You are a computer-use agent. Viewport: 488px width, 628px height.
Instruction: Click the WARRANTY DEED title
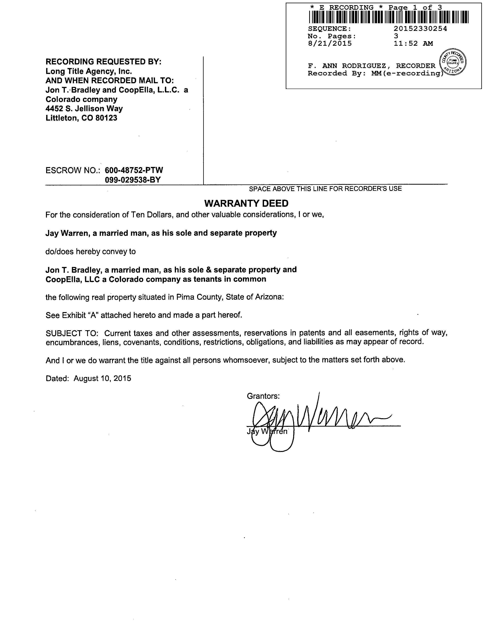click(246, 203)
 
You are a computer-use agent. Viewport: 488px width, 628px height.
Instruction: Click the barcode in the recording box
click(388, 17)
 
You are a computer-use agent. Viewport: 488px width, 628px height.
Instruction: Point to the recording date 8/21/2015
click(330, 43)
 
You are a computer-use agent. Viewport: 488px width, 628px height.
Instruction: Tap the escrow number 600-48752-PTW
click(134, 170)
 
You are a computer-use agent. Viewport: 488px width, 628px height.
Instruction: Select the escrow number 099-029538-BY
click(133, 180)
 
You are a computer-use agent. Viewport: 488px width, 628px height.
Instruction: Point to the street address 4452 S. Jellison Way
click(84, 109)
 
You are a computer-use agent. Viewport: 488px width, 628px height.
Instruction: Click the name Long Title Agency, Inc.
click(89, 71)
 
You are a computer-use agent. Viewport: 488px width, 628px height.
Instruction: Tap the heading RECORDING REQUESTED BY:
click(104, 62)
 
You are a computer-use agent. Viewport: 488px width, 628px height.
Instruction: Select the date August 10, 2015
click(102, 378)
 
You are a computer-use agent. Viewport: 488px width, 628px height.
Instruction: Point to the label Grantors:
click(263, 396)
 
